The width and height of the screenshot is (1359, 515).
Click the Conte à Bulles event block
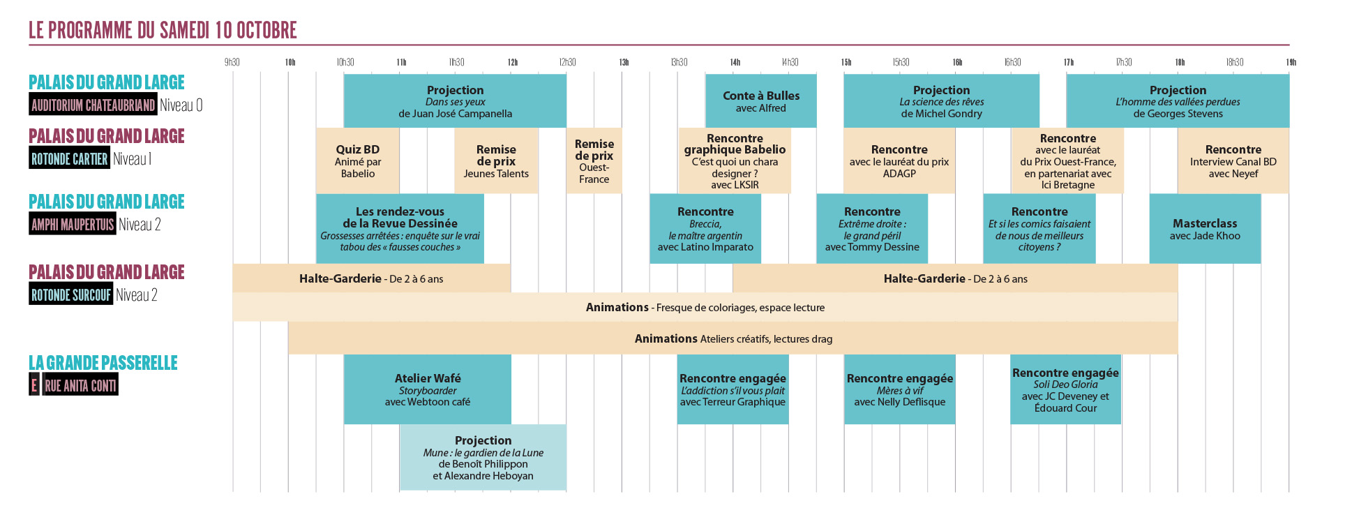point(760,101)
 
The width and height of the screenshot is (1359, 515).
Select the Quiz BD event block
point(357,161)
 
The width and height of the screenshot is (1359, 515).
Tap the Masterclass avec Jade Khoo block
point(1205,229)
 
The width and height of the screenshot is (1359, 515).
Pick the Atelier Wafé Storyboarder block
point(427,389)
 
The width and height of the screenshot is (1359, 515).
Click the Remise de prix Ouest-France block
point(594,161)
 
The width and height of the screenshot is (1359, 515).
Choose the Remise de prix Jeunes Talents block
point(496,161)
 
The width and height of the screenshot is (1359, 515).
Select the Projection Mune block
point(483,457)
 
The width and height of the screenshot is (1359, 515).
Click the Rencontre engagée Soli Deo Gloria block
point(1065,389)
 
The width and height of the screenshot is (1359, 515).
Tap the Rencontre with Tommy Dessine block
point(872,229)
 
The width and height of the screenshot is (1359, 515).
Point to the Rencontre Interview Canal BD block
point(1233,161)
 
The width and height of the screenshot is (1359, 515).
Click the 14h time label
point(735,62)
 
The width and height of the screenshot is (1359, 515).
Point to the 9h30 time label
point(232,62)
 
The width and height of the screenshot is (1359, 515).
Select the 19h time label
point(1291,62)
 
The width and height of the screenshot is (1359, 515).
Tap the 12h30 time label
point(567,62)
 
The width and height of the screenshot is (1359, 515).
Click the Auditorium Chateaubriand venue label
point(93,105)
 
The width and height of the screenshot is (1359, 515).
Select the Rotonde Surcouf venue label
point(70,295)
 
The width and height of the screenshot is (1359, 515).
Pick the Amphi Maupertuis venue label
point(73,225)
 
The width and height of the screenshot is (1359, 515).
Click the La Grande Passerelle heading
point(103,363)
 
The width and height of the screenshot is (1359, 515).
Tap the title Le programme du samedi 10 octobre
point(163,31)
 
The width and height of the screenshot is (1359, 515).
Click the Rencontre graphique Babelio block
point(735,161)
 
